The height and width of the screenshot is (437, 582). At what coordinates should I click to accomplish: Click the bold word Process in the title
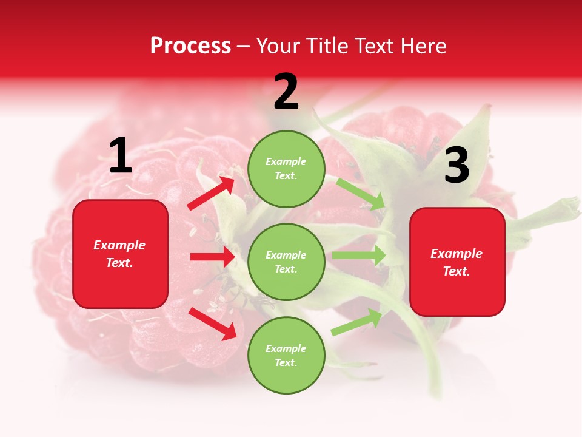(x=190, y=46)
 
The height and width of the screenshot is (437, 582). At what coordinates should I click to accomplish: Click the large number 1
(x=121, y=156)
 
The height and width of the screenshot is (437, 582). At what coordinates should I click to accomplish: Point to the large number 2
(x=286, y=92)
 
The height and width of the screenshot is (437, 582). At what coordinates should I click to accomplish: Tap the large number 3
(x=457, y=166)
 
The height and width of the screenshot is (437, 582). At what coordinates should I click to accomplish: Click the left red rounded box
(x=120, y=254)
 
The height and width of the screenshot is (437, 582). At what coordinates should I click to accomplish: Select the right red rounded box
(x=457, y=262)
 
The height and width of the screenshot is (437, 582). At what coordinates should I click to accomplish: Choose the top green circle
(x=286, y=169)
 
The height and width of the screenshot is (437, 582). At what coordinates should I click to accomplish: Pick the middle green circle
(x=286, y=262)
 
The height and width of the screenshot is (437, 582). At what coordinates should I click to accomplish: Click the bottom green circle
(x=286, y=355)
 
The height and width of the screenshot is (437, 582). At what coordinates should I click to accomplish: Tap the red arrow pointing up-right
(x=212, y=193)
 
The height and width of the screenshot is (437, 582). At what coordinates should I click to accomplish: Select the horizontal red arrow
(x=212, y=257)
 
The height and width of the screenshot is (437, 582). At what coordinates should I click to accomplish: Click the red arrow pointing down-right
(x=213, y=324)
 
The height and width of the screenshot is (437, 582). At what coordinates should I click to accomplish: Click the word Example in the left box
(x=119, y=245)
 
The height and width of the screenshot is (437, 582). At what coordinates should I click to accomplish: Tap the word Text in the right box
(x=455, y=271)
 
